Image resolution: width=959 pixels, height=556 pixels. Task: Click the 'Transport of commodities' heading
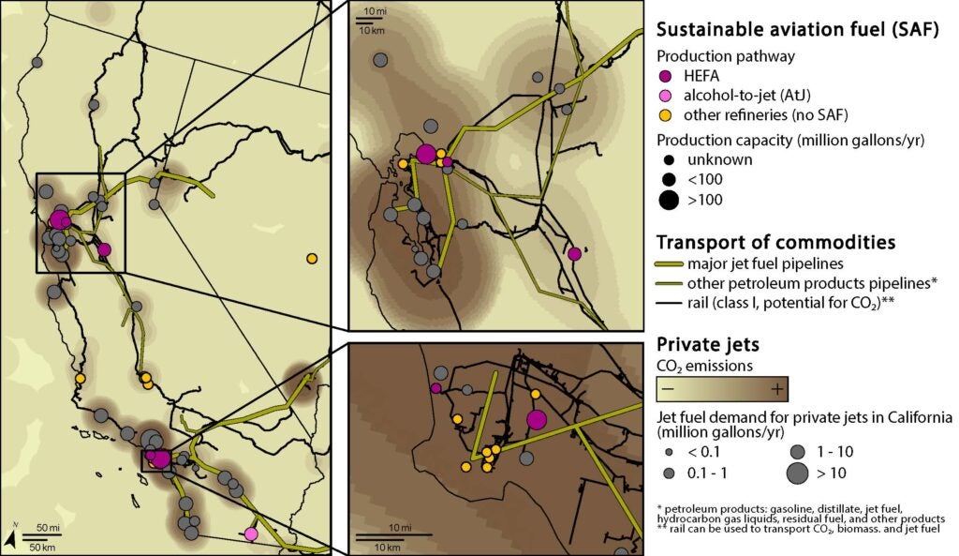(x=776, y=242)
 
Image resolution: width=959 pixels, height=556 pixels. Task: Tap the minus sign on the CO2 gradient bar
(x=668, y=388)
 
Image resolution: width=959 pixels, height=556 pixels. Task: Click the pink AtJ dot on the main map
(x=250, y=533)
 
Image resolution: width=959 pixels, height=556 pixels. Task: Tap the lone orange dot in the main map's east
(x=312, y=259)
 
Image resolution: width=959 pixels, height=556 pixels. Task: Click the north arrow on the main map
(x=9, y=537)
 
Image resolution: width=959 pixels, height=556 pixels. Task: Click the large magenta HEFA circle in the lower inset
(x=537, y=419)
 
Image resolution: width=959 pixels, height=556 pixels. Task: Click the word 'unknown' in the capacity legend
(x=714, y=159)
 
